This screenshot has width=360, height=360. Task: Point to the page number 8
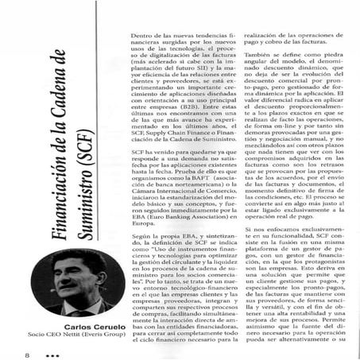click(x=15, y=347)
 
